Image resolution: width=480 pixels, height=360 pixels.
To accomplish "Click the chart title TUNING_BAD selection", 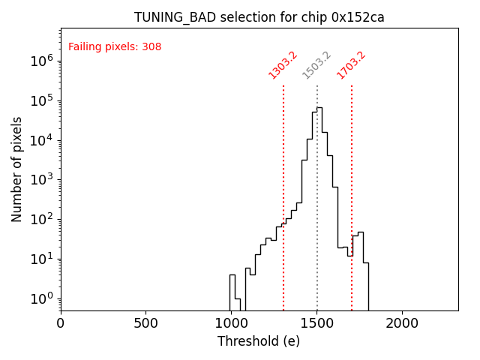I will point(259,17).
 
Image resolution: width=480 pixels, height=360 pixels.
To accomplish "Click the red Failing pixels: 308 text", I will point(115,47).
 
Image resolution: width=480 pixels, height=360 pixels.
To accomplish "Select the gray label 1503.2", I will point(316,65).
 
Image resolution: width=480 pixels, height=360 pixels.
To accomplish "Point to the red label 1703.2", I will point(351,65).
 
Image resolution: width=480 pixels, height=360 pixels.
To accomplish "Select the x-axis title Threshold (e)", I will point(259,342).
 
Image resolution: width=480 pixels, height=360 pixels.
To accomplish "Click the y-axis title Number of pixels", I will point(17,169).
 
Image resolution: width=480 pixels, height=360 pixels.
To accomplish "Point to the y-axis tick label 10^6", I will point(41,61).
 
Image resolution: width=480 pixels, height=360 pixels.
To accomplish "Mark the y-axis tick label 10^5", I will point(41,101).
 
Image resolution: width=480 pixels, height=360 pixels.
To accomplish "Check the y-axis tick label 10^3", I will point(41,180).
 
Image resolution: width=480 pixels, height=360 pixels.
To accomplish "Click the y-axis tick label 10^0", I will point(41,298).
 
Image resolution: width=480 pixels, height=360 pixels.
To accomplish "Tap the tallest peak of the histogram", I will point(319,108).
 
